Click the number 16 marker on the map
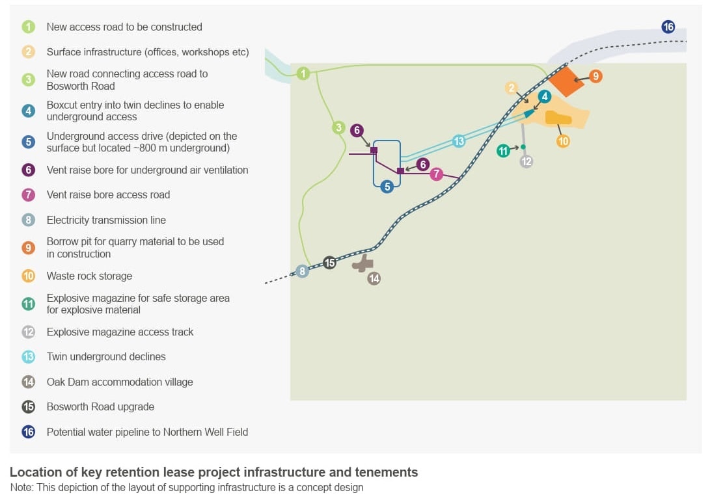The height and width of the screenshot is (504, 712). [668, 27]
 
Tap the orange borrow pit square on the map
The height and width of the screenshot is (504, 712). [566, 81]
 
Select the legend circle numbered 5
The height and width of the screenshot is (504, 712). [29, 142]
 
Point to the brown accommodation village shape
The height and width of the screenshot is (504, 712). [363, 263]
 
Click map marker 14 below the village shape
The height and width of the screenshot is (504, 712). [374, 278]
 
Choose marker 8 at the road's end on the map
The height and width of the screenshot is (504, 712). [303, 271]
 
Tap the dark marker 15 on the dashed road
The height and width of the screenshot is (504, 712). [330, 262]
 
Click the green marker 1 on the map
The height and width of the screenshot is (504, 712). [303, 73]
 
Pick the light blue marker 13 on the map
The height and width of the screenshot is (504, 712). [459, 141]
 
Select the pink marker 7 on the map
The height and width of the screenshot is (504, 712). [436, 174]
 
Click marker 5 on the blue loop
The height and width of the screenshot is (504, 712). [387, 187]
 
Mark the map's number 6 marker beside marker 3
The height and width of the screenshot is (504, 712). [357, 130]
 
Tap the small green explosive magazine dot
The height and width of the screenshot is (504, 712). [523, 147]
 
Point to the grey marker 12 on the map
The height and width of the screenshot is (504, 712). [527, 161]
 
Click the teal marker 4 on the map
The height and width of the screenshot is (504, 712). [545, 96]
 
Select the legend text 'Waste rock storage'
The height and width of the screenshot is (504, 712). [89, 276]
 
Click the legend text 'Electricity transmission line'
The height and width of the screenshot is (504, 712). [106, 220]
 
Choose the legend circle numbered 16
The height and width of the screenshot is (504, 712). [29, 431]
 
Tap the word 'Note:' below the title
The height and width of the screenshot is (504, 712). [21, 487]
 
